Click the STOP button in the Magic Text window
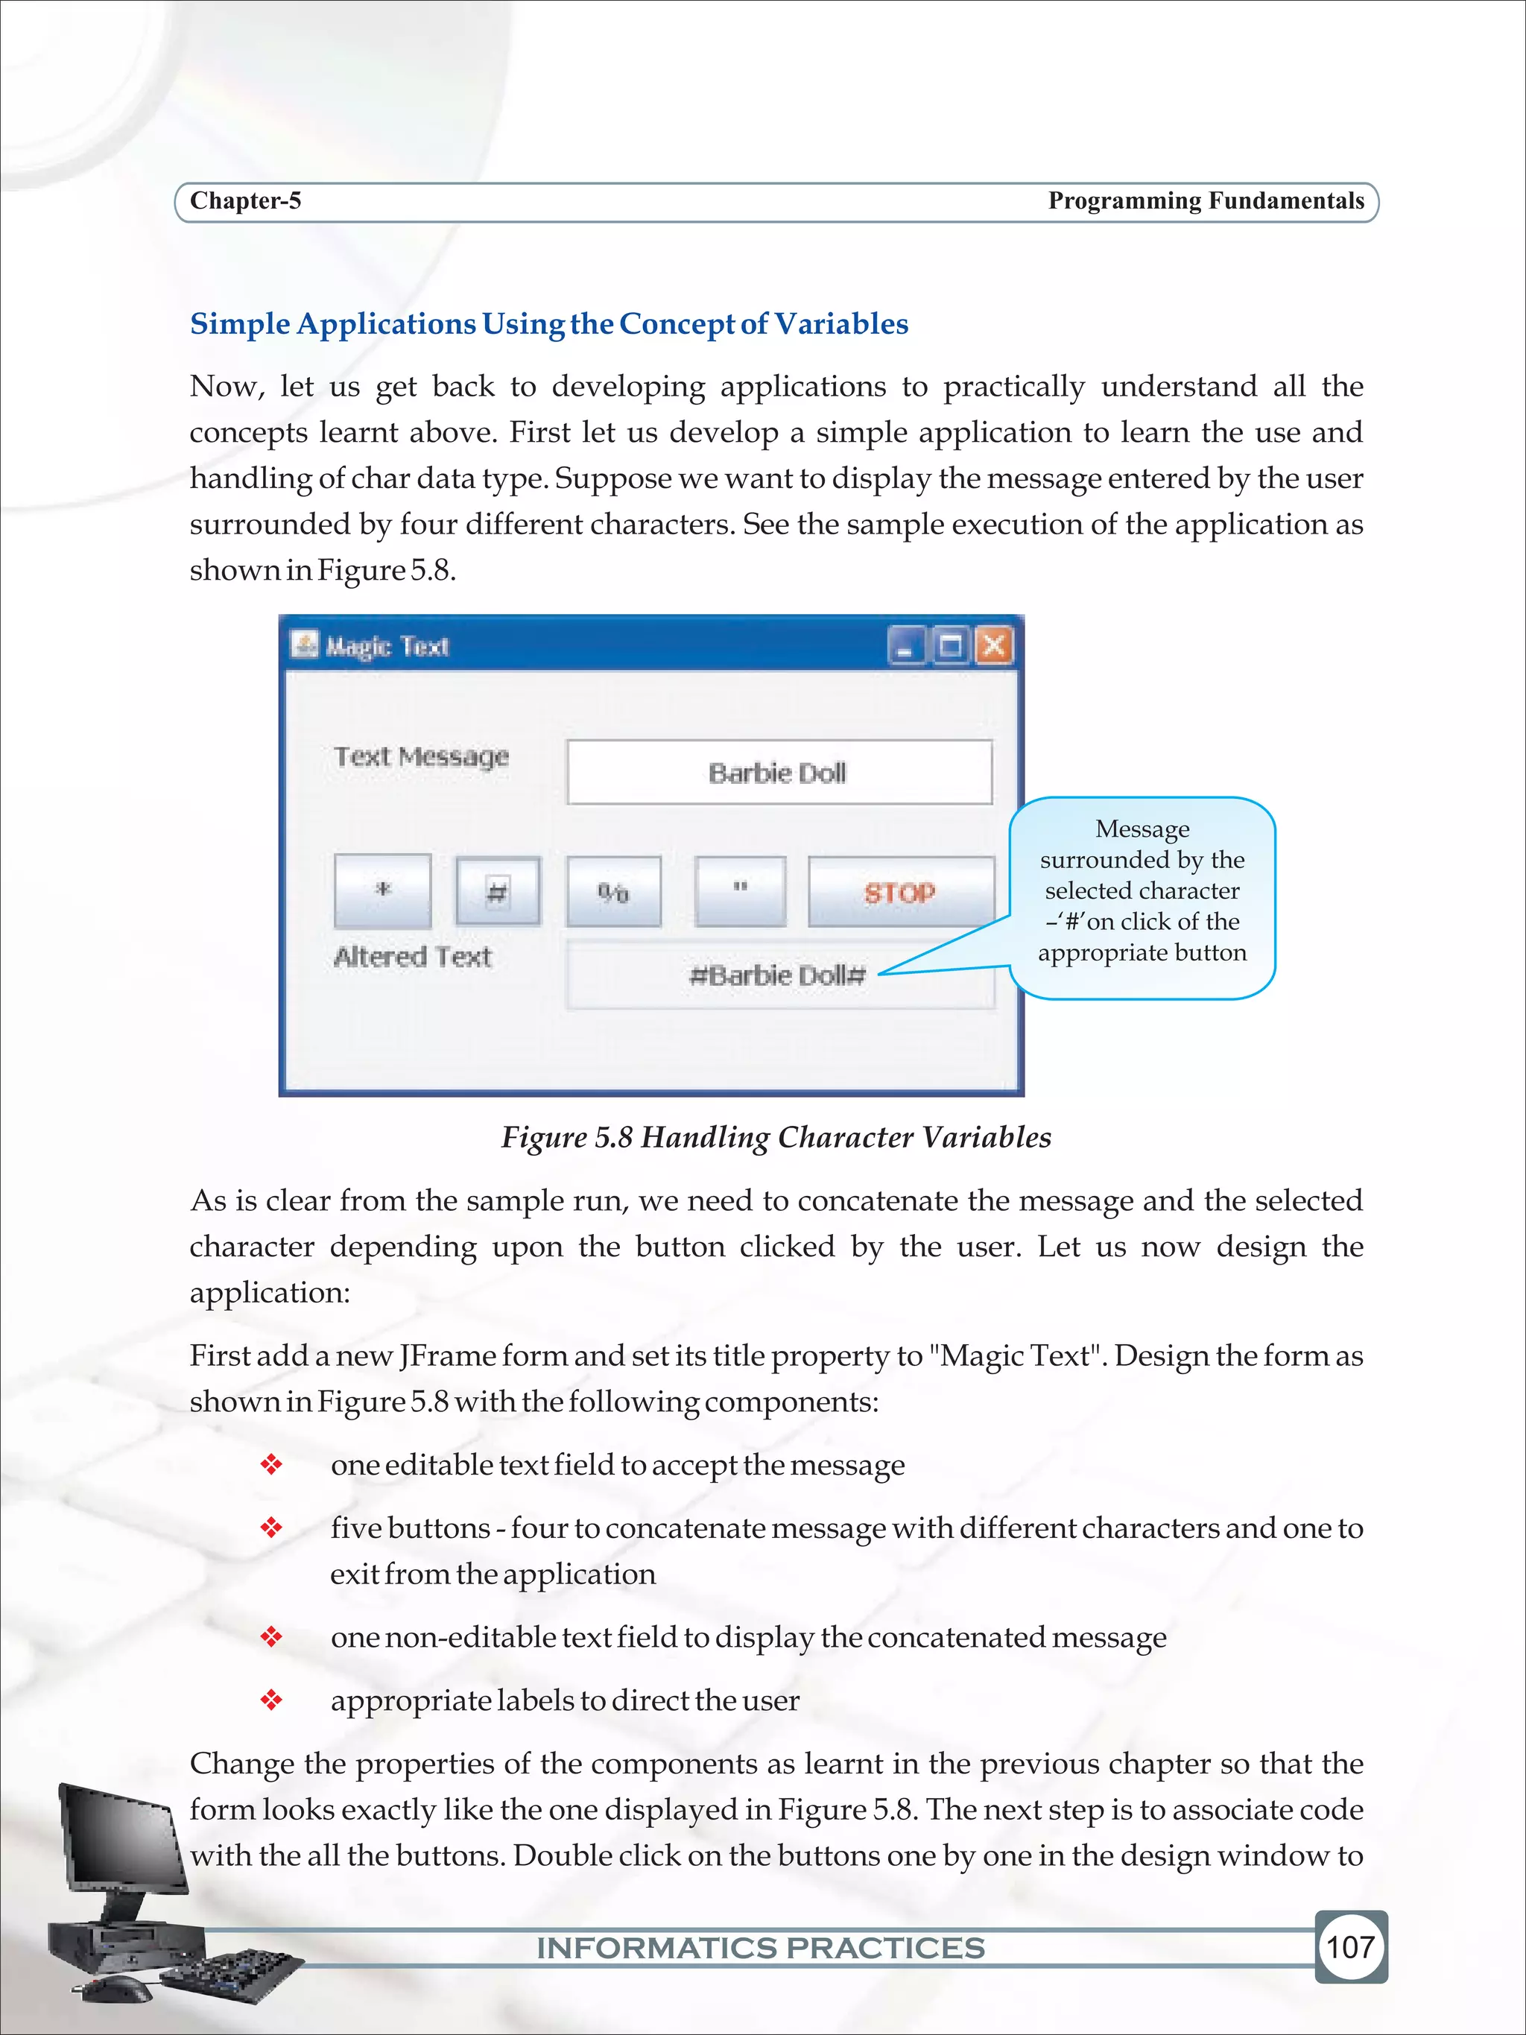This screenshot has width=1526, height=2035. pyautogui.click(x=901, y=891)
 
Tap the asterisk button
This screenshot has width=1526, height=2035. pyautogui.click(x=383, y=890)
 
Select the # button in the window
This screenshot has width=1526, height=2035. pyautogui.click(x=497, y=890)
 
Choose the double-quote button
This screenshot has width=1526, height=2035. pyautogui.click(x=740, y=890)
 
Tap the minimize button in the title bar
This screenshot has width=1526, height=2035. pyautogui.click(x=905, y=646)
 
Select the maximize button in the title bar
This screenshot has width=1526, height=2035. pyautogui.click(x=950, y=646)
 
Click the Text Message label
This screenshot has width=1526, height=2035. pyautogui.click(x=421, y=756)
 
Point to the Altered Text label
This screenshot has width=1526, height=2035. pyautogui.click(x=412, y=957)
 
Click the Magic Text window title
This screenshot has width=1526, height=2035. pyautogui.click(x=387, y=646)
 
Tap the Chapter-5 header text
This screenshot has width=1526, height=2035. pyautogui.click(x=246, y=200)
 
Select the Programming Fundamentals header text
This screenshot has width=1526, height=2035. pyautogui.click(x=1206, y=200)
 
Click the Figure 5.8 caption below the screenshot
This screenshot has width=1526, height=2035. pyautogui.click(x=776, y=1137)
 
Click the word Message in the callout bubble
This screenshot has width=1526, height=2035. pyautogui.click(x=1142, y=829)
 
